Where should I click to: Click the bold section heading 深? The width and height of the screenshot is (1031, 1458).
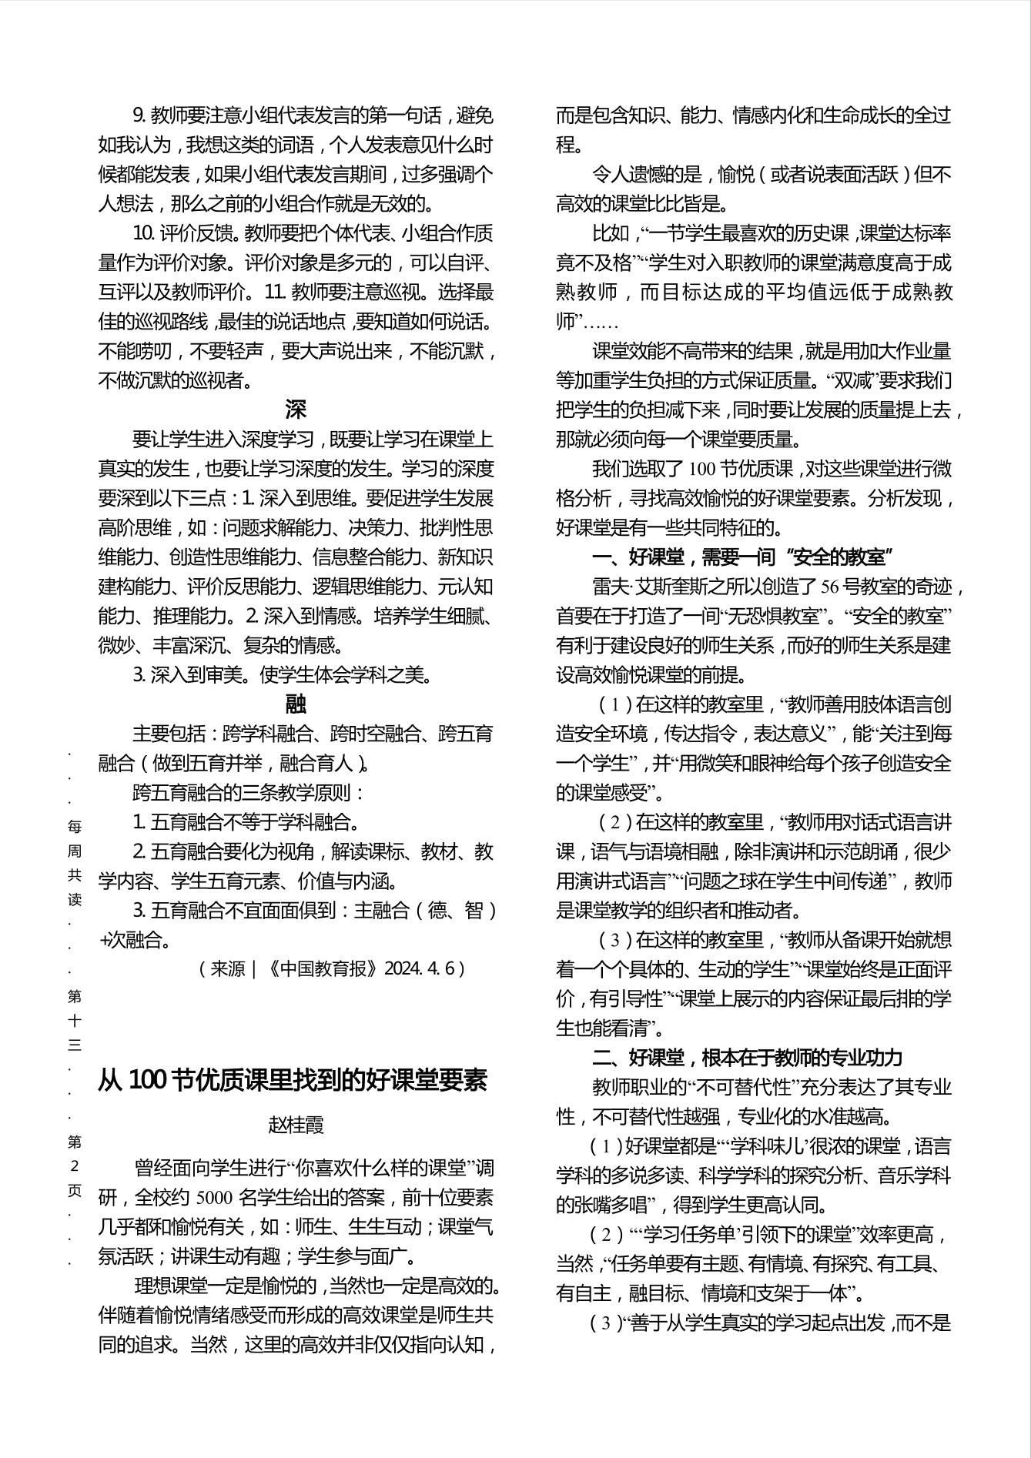(296, 410)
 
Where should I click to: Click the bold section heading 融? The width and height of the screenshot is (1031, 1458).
(296, 704)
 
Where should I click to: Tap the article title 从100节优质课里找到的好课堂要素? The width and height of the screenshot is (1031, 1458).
(293, 1080)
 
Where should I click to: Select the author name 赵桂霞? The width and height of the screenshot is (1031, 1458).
(296, 1125)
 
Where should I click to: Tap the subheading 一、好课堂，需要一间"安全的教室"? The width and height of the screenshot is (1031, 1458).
(741, 557)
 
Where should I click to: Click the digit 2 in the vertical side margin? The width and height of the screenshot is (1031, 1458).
(75, 1165)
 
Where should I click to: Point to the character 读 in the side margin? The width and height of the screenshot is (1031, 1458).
(75, 899)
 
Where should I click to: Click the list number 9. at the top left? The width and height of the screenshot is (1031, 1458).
(139, 115)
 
